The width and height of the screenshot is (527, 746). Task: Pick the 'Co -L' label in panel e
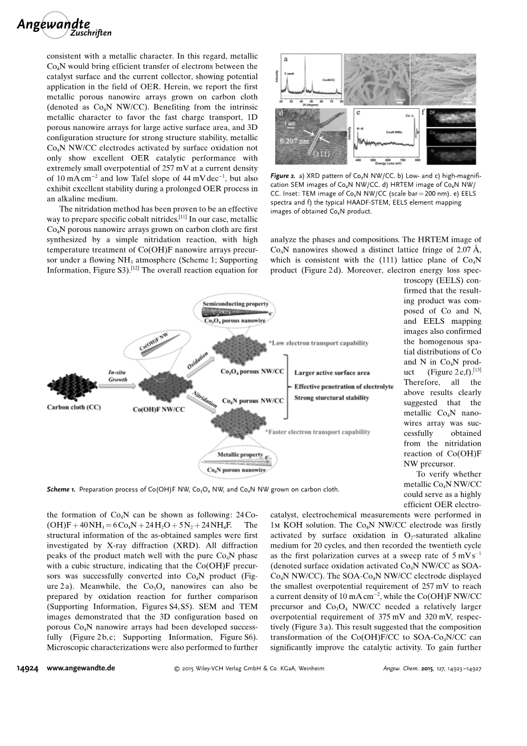(x=410, y=116)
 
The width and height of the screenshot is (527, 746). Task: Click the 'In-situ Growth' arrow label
(x=118, y=376)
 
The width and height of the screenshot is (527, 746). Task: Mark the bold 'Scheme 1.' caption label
(x=61, y=489)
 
